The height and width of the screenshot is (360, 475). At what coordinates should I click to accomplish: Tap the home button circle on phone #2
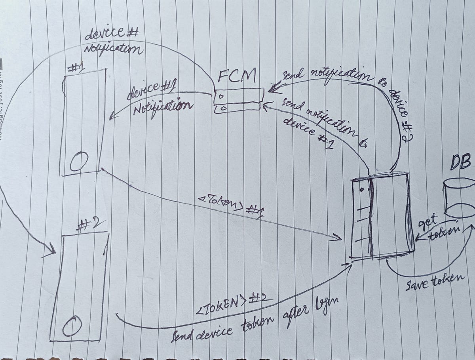pyautogui.click(x=72, y=326)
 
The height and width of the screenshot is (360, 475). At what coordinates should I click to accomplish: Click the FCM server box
pyautogui.click(x=238, y=101)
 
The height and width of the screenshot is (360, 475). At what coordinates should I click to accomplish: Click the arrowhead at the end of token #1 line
pyautogui.click(x=337, y=238)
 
